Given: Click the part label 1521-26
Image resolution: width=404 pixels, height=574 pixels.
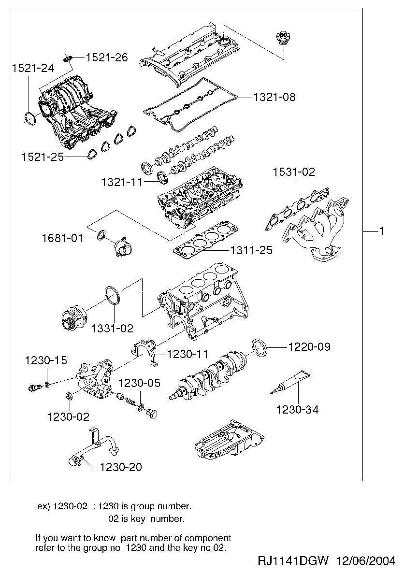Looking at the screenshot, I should pos(107,58).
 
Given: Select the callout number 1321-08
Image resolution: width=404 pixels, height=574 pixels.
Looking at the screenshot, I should pos(274,97).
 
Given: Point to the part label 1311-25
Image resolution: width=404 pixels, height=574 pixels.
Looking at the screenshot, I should pos(251,250).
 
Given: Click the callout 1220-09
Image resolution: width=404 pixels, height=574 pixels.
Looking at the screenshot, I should pos(309,347).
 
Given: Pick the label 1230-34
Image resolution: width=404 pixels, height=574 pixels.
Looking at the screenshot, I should pos(297,410).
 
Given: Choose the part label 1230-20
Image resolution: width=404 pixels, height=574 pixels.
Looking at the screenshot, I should pos(121,467).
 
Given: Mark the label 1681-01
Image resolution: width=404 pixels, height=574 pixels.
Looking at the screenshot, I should pos(62,238).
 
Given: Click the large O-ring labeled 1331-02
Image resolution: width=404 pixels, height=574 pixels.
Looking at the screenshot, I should pos(111,295).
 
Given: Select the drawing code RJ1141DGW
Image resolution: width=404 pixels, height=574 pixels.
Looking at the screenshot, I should pos(293,561).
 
